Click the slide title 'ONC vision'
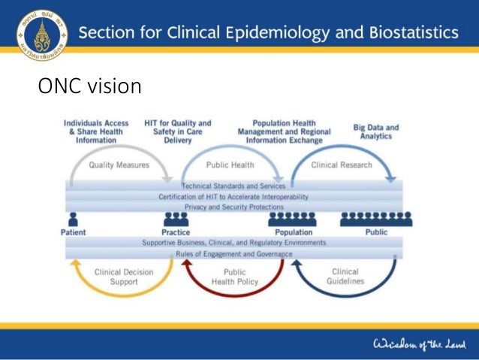(89, 86)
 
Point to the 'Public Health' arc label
(230, 165)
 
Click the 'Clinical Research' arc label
(342, 165)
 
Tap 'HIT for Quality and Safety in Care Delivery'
(178, 131)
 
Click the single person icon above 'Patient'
(73, 219)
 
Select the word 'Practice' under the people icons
(176, 232)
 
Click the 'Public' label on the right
(376, 232)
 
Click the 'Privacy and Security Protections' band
(233, 207)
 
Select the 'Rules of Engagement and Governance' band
(233, 254)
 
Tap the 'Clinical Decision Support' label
(119, 277)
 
